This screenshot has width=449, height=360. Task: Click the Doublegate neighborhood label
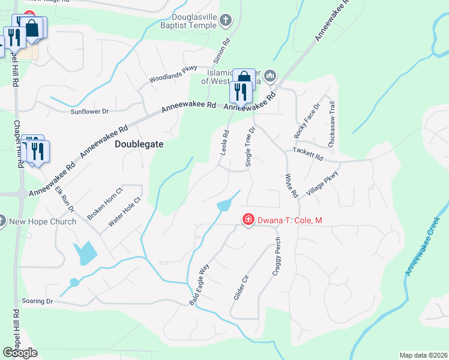tap(139, 145)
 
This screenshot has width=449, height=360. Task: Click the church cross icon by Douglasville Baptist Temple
tap(226, 22)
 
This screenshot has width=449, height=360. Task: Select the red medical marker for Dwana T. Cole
tap(247, 221)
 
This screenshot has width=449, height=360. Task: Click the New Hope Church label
tap(43, 221)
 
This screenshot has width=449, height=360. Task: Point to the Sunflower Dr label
tap(89, 112)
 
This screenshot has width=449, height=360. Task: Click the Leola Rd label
tap(225, 143)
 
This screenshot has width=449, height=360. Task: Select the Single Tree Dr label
tap(251, 146)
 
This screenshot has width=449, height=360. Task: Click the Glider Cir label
tap(240, 288)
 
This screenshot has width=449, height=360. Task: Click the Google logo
tap(20, 353)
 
